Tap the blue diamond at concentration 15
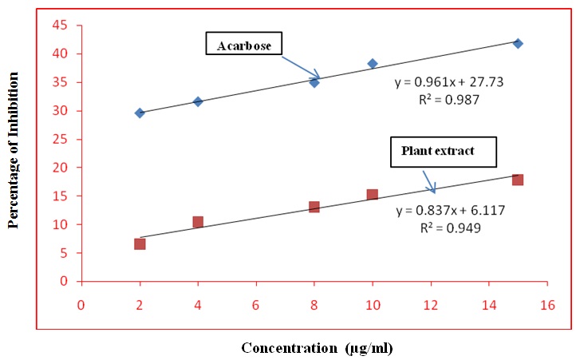pyautogui.click(x=518, y=43)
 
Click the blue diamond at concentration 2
pyautogui.click(x=140, y=113)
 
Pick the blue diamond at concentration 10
pyautogui.click(x=372, y=63)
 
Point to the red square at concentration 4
pyautogui.click(x=198, y=222)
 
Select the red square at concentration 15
pyautogui.click(x=518, y=180)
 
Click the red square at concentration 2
pyautogui.click(x=140, y=243)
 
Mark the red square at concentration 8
pyautogui.click(x=314, y=207)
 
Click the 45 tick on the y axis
pyautogui.click(x=60, y=26)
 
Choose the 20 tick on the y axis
pyautogui.click(x=60, y=168)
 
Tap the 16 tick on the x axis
pyautogui.click(x=546, y=306)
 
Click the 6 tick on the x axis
pyautogui.click(x=255, y=306)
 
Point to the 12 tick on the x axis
pyautogui.click(x=430, y=306)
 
